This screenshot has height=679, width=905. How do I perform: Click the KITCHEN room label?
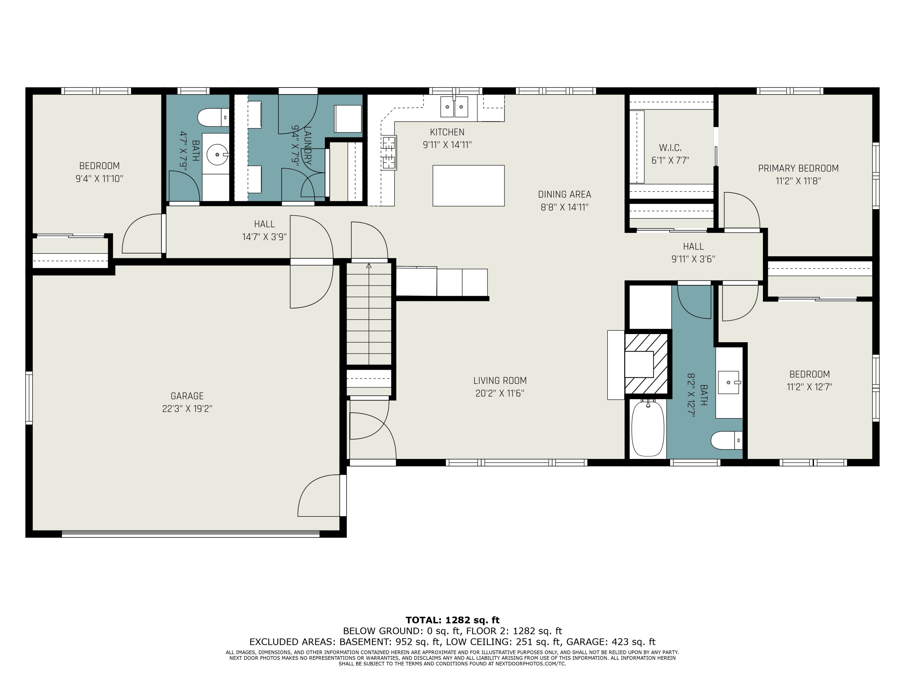pyautogui.click(x=447, y=132)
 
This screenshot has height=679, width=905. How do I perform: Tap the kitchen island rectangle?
pyautogui.click(x=468, y=185)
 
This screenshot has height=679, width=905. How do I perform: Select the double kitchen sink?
pyautogui.click(x=454, y=107)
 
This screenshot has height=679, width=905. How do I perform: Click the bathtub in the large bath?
pyautogui.click(x=648, y=429)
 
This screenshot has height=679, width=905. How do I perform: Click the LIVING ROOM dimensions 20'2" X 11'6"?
pyautogui.click(x=500, y=393)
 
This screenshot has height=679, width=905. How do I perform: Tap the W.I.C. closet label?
pyautogui.click(x=670, y=148)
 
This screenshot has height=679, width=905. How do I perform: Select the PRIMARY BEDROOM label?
pyautogui.click(x=798, y=168)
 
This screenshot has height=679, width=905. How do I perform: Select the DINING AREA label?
pyautogui.click(x=565, y=194)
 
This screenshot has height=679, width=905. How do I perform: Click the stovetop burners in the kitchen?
pyautogui.click(x=389, y=153)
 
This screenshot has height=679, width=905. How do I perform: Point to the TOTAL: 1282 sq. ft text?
pyautogui.click(x=453, y=620)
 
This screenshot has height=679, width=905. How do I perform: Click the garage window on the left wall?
pyautogui.click(x=29, y=397)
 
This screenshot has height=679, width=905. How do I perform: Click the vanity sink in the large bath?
pyautogui.click(x=729, y=382)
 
